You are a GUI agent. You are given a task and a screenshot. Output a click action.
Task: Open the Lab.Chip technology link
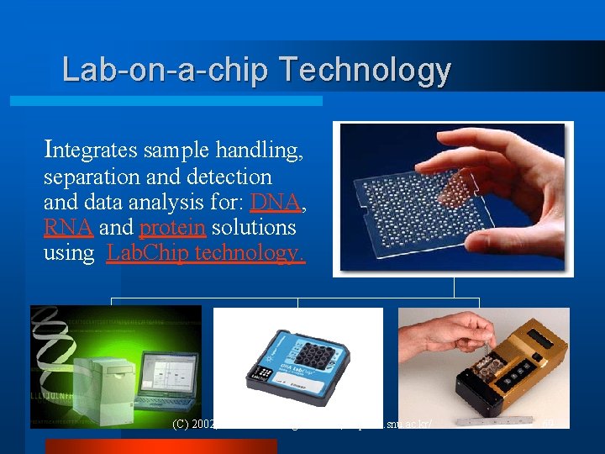(206, 253)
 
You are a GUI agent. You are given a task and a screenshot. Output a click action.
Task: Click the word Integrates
(92, 150)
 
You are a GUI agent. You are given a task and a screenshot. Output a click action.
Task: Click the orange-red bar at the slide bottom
(160, 446)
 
